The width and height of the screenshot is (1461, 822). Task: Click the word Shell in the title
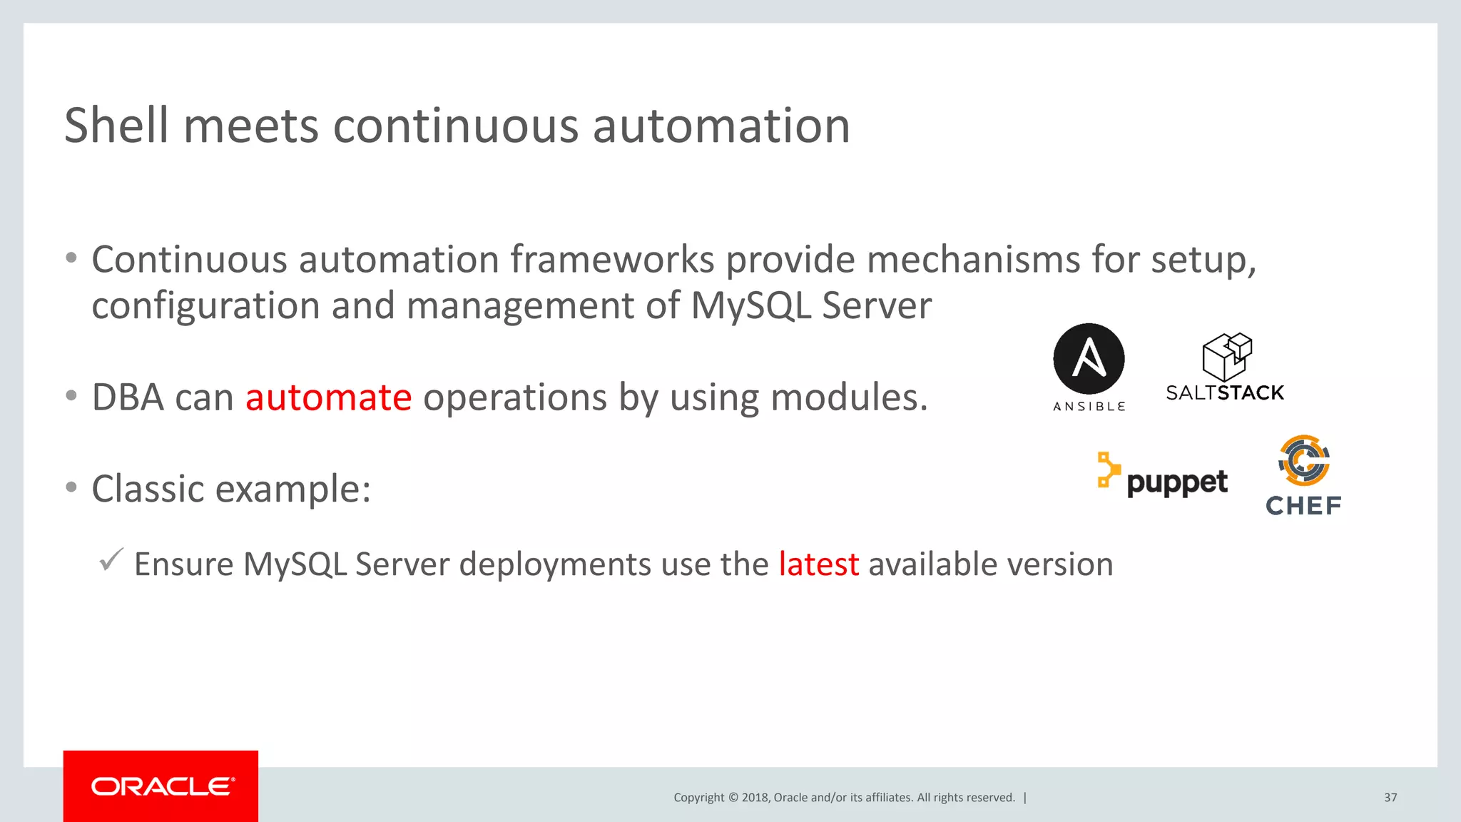click(116, 126)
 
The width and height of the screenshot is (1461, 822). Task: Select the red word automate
click(328, 397)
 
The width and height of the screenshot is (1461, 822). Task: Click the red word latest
click(818, 564)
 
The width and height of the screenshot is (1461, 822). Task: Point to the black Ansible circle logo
click(1089, 358)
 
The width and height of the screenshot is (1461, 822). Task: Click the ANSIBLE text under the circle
click(1089, 406)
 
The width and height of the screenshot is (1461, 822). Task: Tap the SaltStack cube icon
click(1226, 356)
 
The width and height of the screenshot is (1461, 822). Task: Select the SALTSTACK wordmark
click(1224, 393)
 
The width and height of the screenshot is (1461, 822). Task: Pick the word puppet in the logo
click(1177, 483)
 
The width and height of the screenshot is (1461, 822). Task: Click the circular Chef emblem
click(1304, 460)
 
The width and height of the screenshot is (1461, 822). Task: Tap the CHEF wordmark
click(1303, 506)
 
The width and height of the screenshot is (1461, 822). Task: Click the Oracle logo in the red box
click(162, 786)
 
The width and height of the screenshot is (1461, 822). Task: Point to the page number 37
click(1390, 798)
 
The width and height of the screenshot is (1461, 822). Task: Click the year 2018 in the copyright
click(755, 798)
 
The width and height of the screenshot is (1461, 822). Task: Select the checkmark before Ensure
click(111, 559)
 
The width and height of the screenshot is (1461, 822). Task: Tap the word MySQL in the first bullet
click(750, 305)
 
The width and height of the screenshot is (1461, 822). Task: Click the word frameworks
click(611, 259)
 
